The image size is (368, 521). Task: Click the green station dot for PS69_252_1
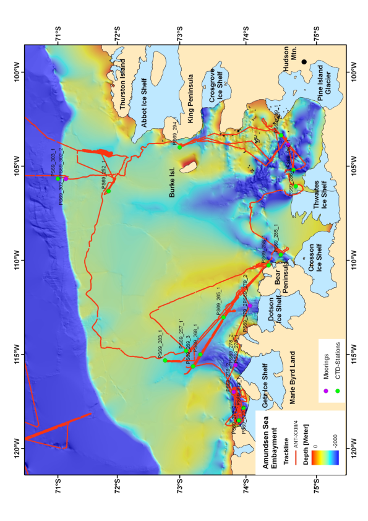click(108, 191)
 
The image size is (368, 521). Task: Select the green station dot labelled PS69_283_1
click(165, 360)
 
